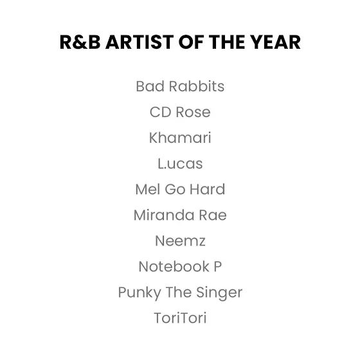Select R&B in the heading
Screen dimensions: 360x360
[80, 42]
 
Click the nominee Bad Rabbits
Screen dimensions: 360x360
[180, 86]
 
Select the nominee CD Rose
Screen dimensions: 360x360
[180, 112]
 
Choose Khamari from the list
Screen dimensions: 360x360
[180, 138]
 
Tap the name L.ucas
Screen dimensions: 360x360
[180, 163]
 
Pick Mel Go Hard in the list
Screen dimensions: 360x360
[180, 189]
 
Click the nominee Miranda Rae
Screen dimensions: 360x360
[180, 215]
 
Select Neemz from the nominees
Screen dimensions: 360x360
[180, 241]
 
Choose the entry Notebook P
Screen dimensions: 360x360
[180, 267]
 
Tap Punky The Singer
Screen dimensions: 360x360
[180, 292]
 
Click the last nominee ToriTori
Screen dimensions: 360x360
[180, 318]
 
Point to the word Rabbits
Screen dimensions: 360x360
[197, 86]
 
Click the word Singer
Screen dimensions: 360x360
[219, 293]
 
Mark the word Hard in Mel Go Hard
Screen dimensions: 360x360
[207, 189]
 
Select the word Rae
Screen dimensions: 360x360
[213, 215]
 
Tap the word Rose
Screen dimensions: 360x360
[193, 113]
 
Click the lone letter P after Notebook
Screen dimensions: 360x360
[218, 267]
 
